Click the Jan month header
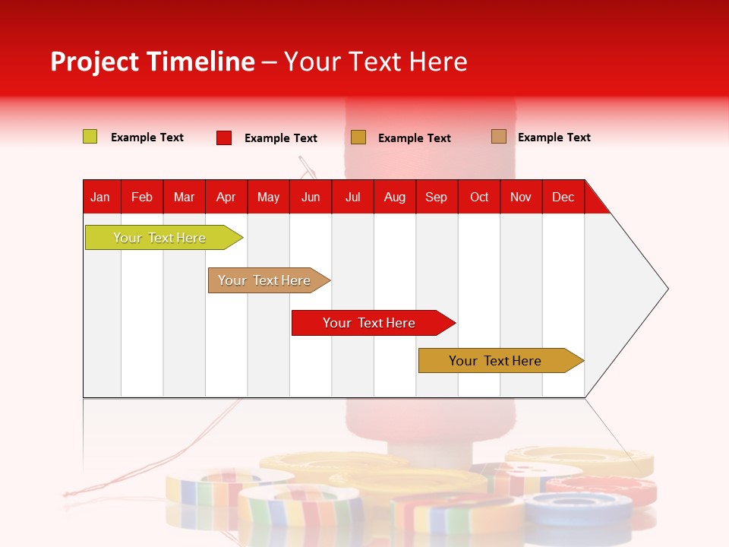(101, 197)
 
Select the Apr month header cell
(226, 197)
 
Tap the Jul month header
(352, 197)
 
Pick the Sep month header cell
(437, 197)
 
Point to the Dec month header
(563, 197)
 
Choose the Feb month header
(142, 197)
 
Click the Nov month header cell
(521, 197)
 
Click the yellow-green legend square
(90, 137)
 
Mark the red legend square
(224, 138)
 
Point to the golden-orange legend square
(358, 138)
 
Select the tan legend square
(499, 137)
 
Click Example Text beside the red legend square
(281, 138)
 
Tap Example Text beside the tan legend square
(554, 138)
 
